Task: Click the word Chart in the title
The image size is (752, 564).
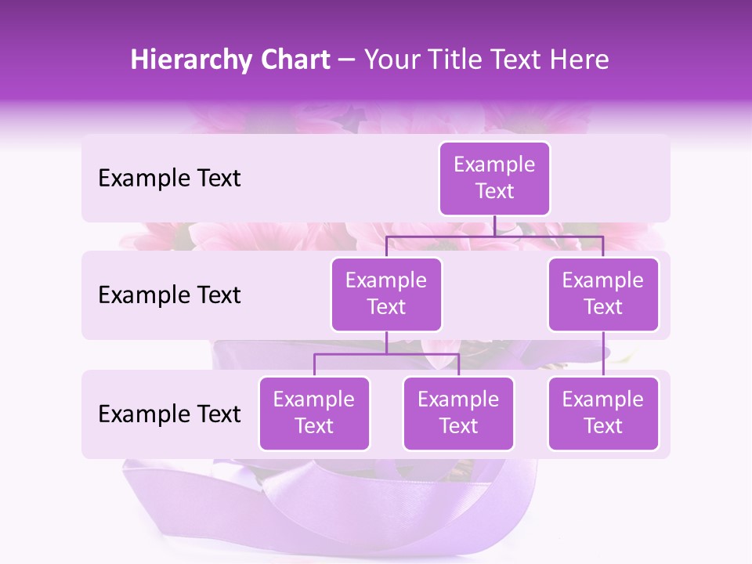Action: tap(296, 60)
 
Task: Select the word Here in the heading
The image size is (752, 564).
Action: tap(579, 60)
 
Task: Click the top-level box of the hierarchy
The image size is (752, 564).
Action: tap(494, 178)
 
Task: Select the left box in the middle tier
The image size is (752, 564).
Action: tap(386, 294)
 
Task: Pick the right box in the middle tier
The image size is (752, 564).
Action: tap(603, 294)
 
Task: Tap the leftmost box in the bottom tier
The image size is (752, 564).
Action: tap(314, 413)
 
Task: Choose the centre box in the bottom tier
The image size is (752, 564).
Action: tap(458, 413)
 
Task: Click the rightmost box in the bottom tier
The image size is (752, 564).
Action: tap(603, 413)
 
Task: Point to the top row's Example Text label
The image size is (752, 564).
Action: tap(169, 179)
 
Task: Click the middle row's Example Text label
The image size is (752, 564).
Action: tap(169, 295)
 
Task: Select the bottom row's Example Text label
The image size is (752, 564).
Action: tap(169, 414)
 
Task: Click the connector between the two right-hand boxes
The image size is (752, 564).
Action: tap(603, 354)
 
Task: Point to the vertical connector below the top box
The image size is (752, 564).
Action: tap(494, 226)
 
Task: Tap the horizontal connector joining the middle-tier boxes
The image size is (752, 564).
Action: tap(494, 236)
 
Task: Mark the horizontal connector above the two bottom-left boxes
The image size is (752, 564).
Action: tap(386, 354)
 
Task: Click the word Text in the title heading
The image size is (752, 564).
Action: tap(517, 60)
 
